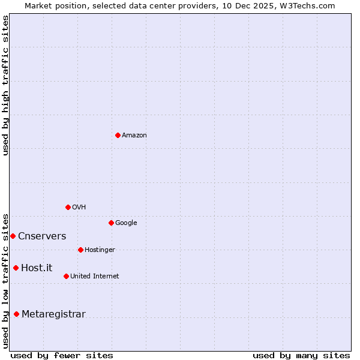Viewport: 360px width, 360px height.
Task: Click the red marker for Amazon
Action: click(118, 135)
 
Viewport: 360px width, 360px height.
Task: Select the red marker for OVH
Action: click(68, 207)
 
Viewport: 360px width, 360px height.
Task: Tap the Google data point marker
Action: click(111, 223)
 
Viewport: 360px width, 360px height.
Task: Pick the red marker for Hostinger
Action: click(80, 250)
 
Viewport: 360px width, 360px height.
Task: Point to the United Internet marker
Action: click(66, 276)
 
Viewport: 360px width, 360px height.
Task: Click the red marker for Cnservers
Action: click(13, 236)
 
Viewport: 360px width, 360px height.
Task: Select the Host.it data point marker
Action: click(16, 268)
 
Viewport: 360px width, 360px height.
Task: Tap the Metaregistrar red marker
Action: click(16, 314)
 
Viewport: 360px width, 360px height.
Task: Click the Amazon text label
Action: click(134, 136)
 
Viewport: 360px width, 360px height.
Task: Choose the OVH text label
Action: click(79, 208)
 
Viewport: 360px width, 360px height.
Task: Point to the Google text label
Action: click(126, 223)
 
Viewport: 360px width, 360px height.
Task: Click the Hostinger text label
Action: click(100, 250)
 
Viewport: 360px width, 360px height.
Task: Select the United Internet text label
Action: click(95, 277)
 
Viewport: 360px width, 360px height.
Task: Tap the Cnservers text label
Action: click(42, 236)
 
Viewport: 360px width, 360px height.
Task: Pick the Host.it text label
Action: click(37, 268)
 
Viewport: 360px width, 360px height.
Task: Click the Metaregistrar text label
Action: click(53, 314)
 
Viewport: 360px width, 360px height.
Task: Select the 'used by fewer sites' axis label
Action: click(62, 356)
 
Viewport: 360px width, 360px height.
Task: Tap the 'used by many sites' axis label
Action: click(301, 356)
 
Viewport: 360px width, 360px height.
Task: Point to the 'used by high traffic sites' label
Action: click(5, 85)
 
